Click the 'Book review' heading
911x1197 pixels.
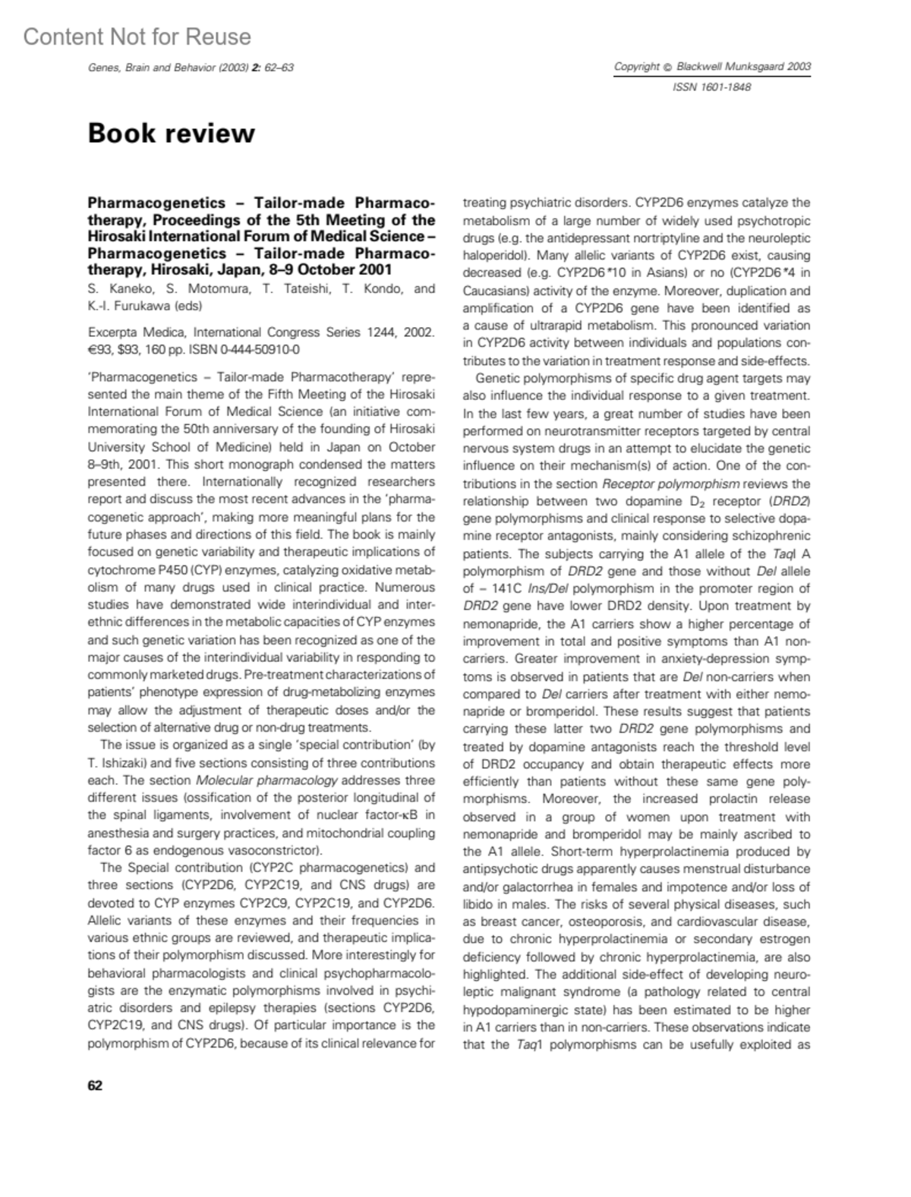click(x=171, y=133)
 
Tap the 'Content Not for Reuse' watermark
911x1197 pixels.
click(x=137, y=36)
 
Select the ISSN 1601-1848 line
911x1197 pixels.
click(x=711, y=87)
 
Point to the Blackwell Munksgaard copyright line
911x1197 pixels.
click(x=712, y=67)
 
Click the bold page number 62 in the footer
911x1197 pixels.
click(x=95, y=1085)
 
